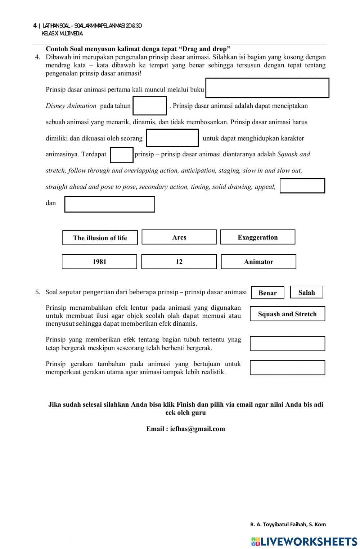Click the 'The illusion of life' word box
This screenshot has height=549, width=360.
pos(100,238)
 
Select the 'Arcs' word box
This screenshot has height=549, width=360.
pos(179,237)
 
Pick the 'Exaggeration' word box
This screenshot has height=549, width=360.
pos(257,237)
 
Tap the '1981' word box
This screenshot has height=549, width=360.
pos(99,262)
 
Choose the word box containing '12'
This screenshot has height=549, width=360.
pos(179,262)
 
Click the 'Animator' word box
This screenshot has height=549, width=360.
pos(258,262)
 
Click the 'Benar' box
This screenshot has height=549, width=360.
pos(267,293)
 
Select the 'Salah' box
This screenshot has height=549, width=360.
pos(306,292)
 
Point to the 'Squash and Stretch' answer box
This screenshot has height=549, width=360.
pos(287,314)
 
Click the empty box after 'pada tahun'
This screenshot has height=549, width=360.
pos(150,106)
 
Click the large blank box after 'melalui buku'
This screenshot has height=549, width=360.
pos(267,88)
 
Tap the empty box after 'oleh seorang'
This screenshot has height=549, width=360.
pos(172,138)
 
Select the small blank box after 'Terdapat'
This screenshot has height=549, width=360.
pos(122,155)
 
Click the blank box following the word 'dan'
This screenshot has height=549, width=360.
pos(109,204)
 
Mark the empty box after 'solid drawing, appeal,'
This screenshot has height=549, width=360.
pos(302,186)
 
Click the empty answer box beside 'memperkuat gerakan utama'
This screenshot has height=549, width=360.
pos(287,368)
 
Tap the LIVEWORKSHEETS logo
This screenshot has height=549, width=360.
pos(304,541)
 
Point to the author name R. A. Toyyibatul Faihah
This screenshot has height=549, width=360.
pos(288,525)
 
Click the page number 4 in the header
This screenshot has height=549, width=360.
pos(35,26)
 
